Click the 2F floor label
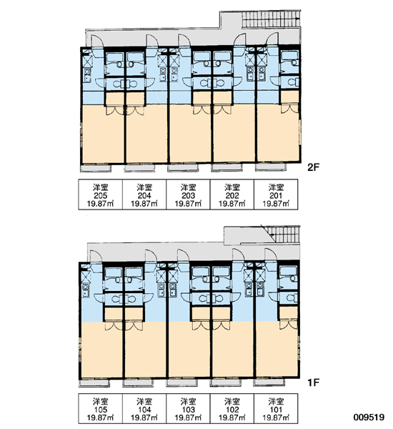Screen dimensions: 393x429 coord(313,167)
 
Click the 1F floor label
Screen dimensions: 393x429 coord(313,383)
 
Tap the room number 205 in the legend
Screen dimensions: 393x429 coord(100,196)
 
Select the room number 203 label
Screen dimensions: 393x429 coord(188,196)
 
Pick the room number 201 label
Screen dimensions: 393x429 coord(276,196)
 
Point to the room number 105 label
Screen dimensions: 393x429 coord(100,410)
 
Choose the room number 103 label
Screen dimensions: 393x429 coord(188,410)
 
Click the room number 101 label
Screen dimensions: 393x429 coord(276,410)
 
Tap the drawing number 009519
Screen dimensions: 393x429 coord(369,418)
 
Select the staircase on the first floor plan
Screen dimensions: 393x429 coord(284,235)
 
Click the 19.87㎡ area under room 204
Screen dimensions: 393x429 coord(144,204)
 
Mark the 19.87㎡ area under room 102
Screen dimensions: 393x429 coord(232,418)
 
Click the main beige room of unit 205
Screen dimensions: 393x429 coord(104,134)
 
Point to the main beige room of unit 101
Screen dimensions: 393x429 coord(277,349)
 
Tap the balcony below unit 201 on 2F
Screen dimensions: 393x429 coord(271,167)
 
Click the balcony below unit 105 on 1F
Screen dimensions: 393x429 coord(94,383)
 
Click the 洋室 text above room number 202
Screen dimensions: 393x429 coord(232,187)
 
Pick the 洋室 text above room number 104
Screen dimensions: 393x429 coord(144,402)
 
